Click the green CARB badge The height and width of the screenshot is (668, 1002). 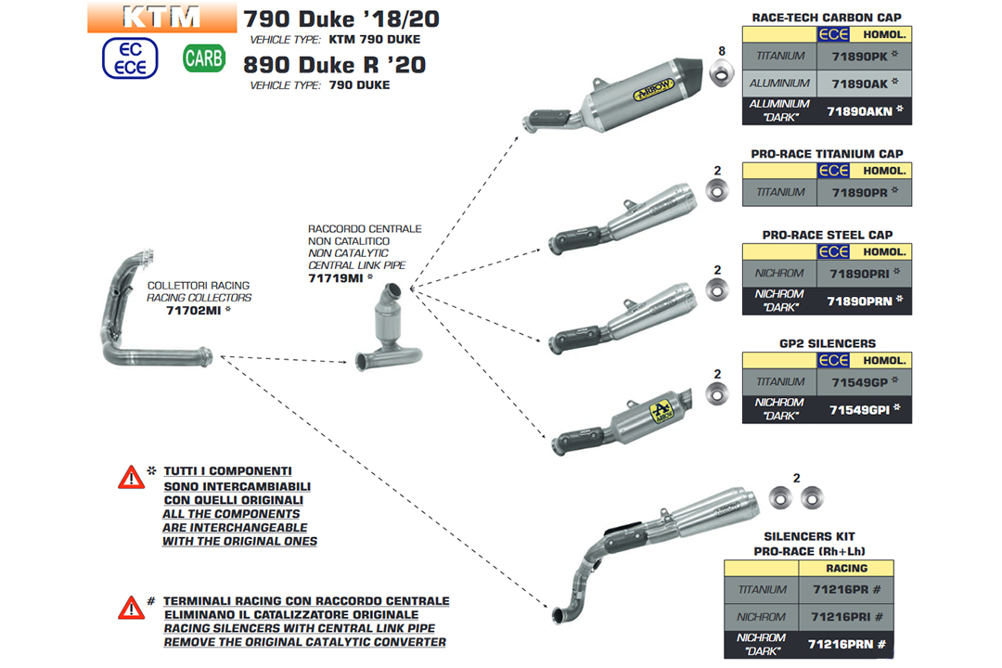click(x=203, y=58)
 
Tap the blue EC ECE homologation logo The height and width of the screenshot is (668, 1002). click(x=130, y=58)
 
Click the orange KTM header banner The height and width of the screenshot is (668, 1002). click(x=159, y=17)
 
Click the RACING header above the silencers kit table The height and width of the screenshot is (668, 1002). click(x=845, y=568)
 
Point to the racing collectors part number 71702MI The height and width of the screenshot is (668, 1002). click(x=195, y=311)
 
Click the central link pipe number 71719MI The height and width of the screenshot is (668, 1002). click(x=337, y=277)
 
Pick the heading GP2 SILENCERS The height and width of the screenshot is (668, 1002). click(x=827, y=343)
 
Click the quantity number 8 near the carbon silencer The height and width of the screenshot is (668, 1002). click(x=721, y=50)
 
